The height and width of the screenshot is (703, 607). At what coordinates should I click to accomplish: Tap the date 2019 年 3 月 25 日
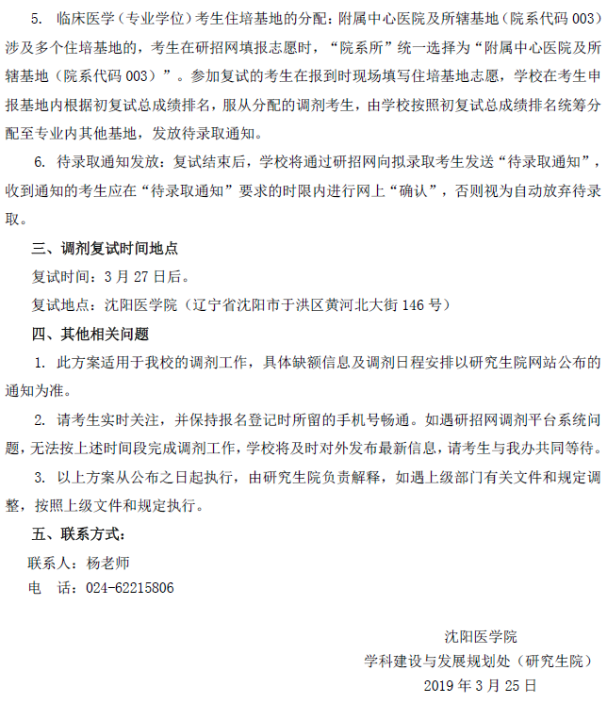point(481,685)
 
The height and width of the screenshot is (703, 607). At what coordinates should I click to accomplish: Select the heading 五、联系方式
point(78,533)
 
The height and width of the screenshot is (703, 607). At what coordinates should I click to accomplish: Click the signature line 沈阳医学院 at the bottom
point(481,637)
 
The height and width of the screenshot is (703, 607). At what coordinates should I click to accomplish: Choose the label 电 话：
point(52,588)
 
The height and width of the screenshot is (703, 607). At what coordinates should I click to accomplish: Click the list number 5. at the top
point(39,19)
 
